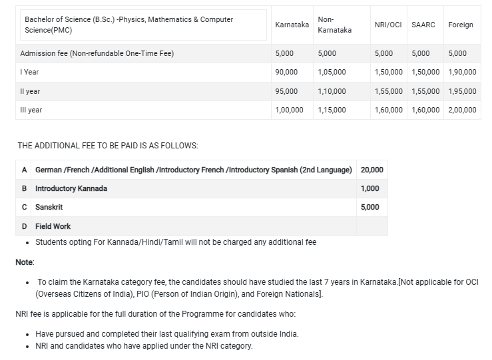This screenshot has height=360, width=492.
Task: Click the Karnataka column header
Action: click(292, 25)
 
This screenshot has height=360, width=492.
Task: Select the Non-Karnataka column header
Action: click(334, 25)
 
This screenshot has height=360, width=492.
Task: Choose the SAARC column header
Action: click(423, 25)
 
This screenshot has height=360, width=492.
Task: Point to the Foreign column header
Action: click(461, 25)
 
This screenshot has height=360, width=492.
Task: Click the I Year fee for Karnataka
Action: click(286, 72)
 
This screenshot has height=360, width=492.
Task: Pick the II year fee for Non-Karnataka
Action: click(332, 91)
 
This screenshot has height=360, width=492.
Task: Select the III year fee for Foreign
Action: click(463, 110)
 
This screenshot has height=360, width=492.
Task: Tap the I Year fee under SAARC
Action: click(426, 72)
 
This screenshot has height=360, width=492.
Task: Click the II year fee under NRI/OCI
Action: click(389, 91)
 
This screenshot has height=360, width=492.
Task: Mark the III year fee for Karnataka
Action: click(289, 110)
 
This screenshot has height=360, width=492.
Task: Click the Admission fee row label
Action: click(97, 53)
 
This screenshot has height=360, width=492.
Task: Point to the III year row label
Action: click(31, 110)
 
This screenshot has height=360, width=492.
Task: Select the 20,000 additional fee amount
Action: click(371, 170)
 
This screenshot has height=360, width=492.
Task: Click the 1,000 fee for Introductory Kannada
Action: click(369, 188)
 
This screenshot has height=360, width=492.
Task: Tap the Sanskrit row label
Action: click(49, 207)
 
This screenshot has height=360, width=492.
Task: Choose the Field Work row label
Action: click(53, 226)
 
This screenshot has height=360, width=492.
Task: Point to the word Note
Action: click(25, 263)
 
